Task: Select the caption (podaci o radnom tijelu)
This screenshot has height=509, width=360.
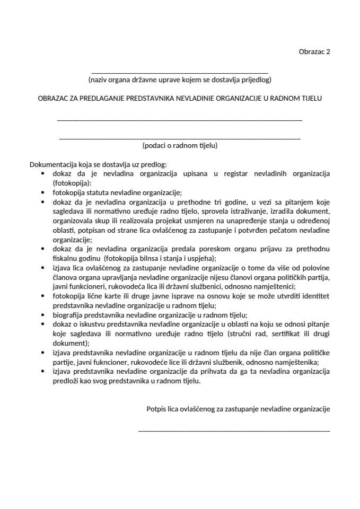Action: pyautogui.click(x=180, y=145)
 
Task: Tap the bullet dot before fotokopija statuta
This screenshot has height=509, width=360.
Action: pyautogui.click(x=42, y=192)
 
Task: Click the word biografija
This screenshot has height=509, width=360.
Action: pyautogui.click(x=71, y=314)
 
